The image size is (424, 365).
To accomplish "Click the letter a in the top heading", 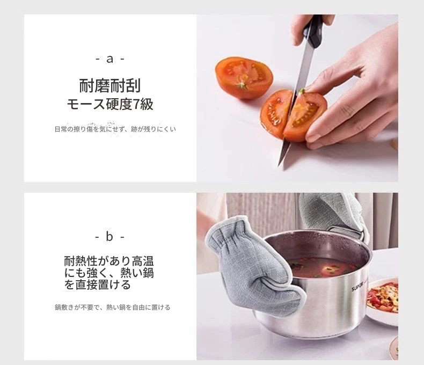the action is (x=109, y=59).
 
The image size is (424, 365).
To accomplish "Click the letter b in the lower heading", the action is (x=109, y=236).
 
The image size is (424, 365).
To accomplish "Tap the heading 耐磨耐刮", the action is (x=110, y=86).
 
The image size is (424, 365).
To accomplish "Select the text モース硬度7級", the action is (x=110, y=104).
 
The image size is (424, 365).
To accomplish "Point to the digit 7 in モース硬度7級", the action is (x=136, y=105).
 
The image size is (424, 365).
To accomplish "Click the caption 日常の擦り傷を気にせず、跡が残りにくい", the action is (x=115, y=129).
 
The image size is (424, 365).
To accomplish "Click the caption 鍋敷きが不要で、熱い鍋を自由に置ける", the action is (x=113, y=307).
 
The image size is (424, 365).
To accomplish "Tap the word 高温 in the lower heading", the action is (x=143, y=261).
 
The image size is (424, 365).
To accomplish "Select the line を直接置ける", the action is (x=97, y=284).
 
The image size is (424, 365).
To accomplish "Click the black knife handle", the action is (x=313, y=31).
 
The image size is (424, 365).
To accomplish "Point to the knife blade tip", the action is (x=279, y=165).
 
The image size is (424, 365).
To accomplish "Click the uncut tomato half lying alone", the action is (x=244, y=77).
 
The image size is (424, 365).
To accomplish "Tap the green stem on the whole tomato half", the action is (x=242, y=85).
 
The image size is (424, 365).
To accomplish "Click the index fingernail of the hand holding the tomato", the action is (x=312, y=138).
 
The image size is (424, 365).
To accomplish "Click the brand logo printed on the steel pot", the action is (x=359, y=287).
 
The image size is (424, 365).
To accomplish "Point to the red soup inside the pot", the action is (x=323, y=267).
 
